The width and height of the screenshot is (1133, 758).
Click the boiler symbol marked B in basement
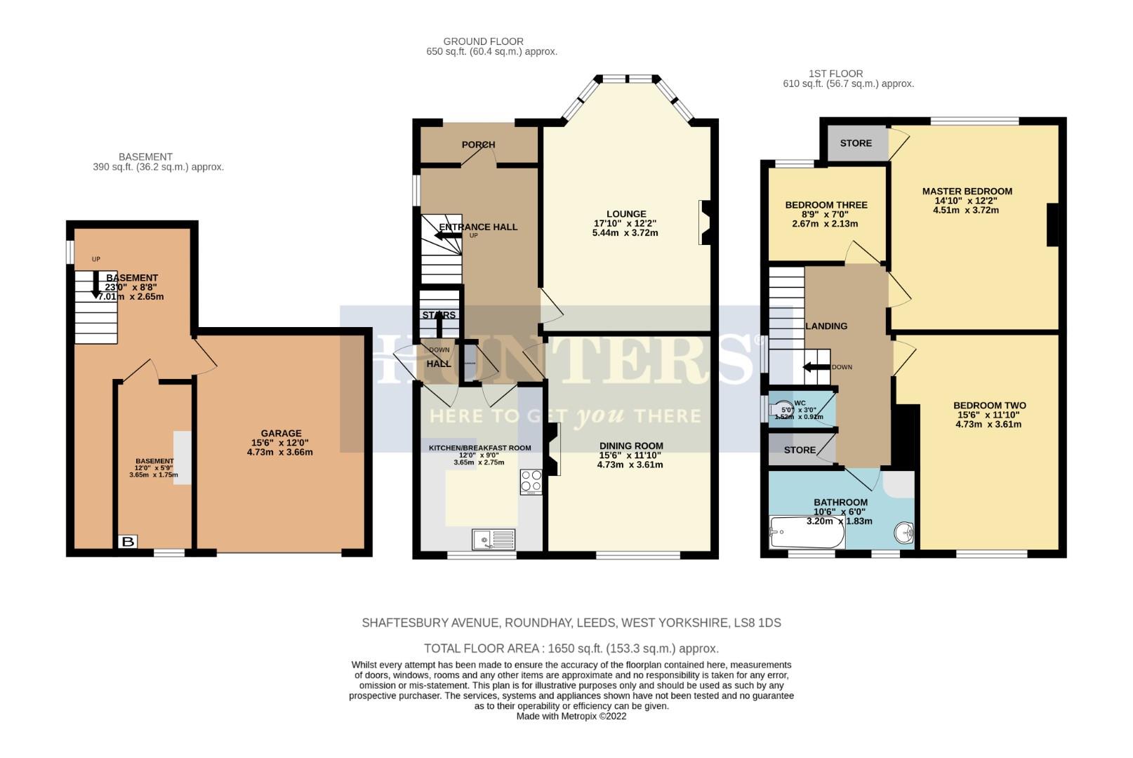[128, 542]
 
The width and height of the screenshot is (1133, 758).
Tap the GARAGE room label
[281, 433]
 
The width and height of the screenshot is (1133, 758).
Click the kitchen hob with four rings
[531, 481]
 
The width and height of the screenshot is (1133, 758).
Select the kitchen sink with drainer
[493, 539]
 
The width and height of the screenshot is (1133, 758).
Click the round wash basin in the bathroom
[905, 533]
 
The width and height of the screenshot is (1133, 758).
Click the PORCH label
[478, 145]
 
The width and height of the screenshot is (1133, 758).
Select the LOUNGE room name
[626, 214]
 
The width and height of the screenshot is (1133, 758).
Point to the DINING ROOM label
[631, 446]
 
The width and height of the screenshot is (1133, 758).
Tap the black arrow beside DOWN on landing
[816, 367]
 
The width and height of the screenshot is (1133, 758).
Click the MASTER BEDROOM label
[967, 191]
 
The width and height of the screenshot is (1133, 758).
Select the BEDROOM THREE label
[826, 205]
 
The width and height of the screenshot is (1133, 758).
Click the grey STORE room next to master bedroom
[856, 143]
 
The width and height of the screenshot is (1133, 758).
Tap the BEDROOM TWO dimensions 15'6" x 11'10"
[989, 415]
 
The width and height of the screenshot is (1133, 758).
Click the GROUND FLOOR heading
[483, 41]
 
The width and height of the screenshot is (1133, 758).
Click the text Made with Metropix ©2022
[571, 717]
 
